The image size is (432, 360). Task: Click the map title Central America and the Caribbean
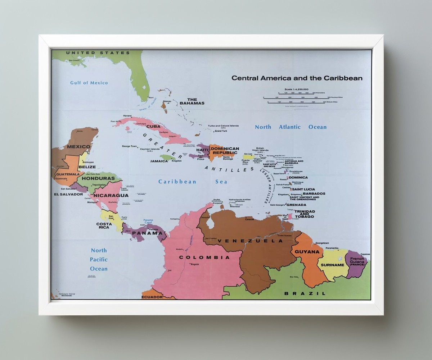coord(297,78)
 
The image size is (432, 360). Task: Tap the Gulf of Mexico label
coord(89,83)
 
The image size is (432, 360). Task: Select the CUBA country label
coord(153,127)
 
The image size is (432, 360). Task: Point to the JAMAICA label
coord(159,161)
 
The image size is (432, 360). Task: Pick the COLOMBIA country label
coord(204,258)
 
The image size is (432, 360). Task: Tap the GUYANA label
coord(307,252)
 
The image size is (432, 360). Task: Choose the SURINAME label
coord(332,265)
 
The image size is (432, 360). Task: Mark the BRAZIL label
coord(305,293)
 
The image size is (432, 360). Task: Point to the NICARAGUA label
coord(111,196)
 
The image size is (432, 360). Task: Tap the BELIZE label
coord(87,167)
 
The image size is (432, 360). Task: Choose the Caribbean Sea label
coord(193,182)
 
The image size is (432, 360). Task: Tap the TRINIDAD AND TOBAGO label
coord(305,214)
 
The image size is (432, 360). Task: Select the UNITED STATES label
coord(98,53)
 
